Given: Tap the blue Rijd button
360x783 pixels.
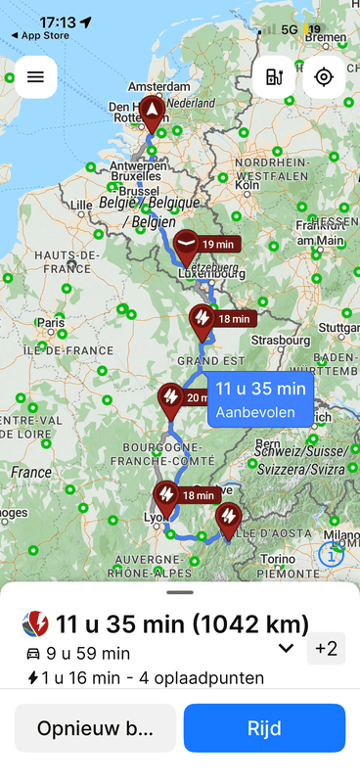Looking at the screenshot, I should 264,728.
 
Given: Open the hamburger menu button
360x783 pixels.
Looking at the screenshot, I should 35,76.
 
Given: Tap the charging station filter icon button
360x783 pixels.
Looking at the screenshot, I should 273,76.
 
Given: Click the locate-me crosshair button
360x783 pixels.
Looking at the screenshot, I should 324,76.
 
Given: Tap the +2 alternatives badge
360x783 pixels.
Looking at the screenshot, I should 325,648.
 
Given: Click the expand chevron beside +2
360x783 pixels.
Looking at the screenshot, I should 286,648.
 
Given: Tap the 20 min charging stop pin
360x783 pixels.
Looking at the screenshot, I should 171,397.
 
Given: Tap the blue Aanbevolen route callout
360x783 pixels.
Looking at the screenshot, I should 260,399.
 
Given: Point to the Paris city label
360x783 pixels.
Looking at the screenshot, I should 50,322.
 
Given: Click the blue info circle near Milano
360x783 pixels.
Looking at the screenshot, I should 332,554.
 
